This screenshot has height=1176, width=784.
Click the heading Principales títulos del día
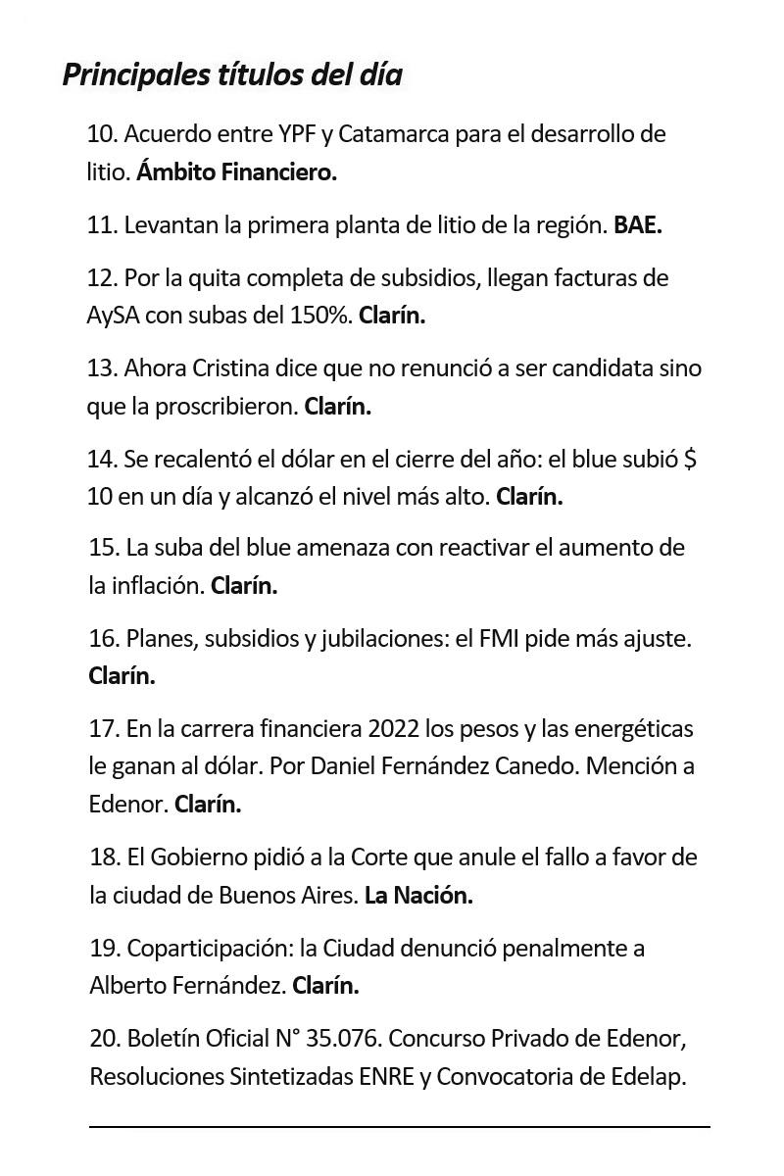232,74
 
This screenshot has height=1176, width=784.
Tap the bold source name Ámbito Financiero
236,172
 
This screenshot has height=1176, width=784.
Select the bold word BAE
638,224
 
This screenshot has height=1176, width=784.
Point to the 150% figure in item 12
320,316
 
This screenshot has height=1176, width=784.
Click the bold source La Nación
418,895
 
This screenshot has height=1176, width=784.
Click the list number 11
101,224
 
